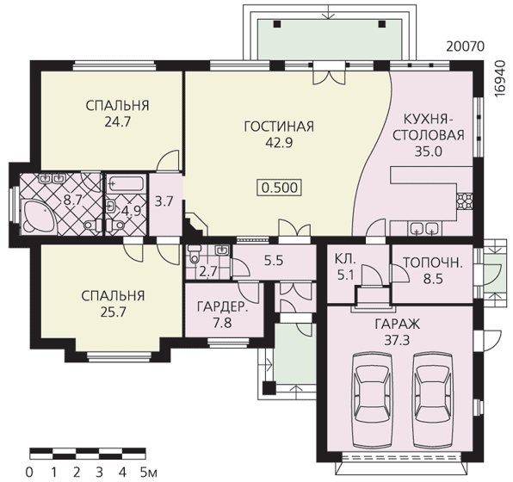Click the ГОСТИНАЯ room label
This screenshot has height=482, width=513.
(x=279, y=127)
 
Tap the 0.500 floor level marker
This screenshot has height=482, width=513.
(x=280, y=188)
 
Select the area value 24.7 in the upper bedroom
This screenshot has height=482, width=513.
(x=118, y=122)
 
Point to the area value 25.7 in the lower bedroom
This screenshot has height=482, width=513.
(x=114, y=312)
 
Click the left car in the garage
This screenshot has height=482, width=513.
(x=373, y=400)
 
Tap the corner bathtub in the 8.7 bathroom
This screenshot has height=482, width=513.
(x=37, y=216)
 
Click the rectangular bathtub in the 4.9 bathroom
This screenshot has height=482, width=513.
(x=126, y=183)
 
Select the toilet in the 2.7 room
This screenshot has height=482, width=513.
(x=195, y=255)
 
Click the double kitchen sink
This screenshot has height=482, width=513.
(x=424, y=228)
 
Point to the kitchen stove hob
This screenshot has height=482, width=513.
(x=465, y=201)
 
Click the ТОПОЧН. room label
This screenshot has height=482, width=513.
(x=432, y=263)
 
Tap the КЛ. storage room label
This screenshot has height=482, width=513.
(x=345, y=259)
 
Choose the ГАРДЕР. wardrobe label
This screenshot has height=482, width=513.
(x=222, y=307)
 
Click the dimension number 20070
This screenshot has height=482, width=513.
(x=465, y=46)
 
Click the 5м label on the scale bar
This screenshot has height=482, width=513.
(x=149, y=473)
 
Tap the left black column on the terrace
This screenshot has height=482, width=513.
(x=277, y=24)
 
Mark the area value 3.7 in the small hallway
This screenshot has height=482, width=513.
(x=164, y=201)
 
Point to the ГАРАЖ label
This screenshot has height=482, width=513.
(x=397, y=324)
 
